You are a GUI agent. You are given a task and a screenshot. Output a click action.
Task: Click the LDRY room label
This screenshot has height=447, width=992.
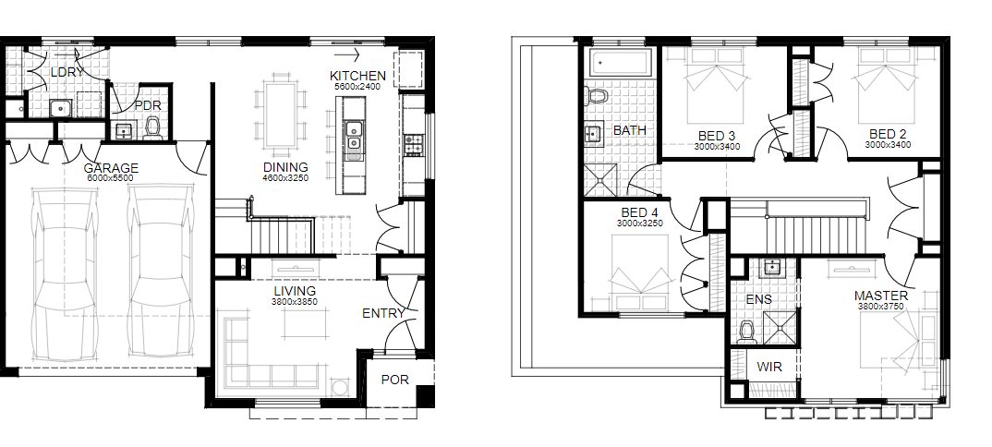67,72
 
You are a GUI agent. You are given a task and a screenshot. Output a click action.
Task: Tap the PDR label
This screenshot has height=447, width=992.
148,105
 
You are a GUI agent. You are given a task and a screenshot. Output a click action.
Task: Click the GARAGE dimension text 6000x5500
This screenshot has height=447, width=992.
112,178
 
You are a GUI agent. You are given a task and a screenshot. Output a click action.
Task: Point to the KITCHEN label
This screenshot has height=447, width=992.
357,76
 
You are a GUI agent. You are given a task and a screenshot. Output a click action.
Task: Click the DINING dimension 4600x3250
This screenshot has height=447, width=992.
285,178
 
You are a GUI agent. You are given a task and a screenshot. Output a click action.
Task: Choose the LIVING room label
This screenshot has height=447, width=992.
295,292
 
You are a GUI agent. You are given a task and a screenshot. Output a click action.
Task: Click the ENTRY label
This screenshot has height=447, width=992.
383,313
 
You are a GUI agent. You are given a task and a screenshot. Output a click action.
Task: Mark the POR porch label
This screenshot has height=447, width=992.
394,380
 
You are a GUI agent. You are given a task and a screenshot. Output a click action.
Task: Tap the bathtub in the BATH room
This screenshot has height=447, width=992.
619,64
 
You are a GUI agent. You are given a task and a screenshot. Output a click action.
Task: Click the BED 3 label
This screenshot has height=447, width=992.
717,136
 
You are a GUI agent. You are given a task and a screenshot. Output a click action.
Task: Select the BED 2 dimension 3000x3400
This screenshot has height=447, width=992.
889,145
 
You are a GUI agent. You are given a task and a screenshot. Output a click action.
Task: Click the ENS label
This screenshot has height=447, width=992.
759,299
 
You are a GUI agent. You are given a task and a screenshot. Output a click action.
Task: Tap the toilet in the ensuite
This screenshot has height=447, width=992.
747,332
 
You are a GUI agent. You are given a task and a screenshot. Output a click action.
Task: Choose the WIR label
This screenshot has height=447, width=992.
769,368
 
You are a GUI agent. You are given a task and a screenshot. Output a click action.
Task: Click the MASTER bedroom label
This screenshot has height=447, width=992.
880,296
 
